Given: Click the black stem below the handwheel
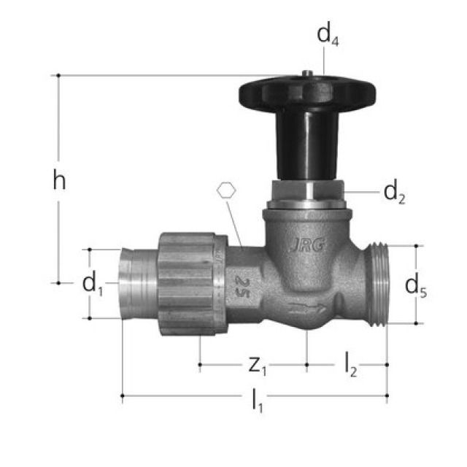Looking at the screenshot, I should click(301, 146).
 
